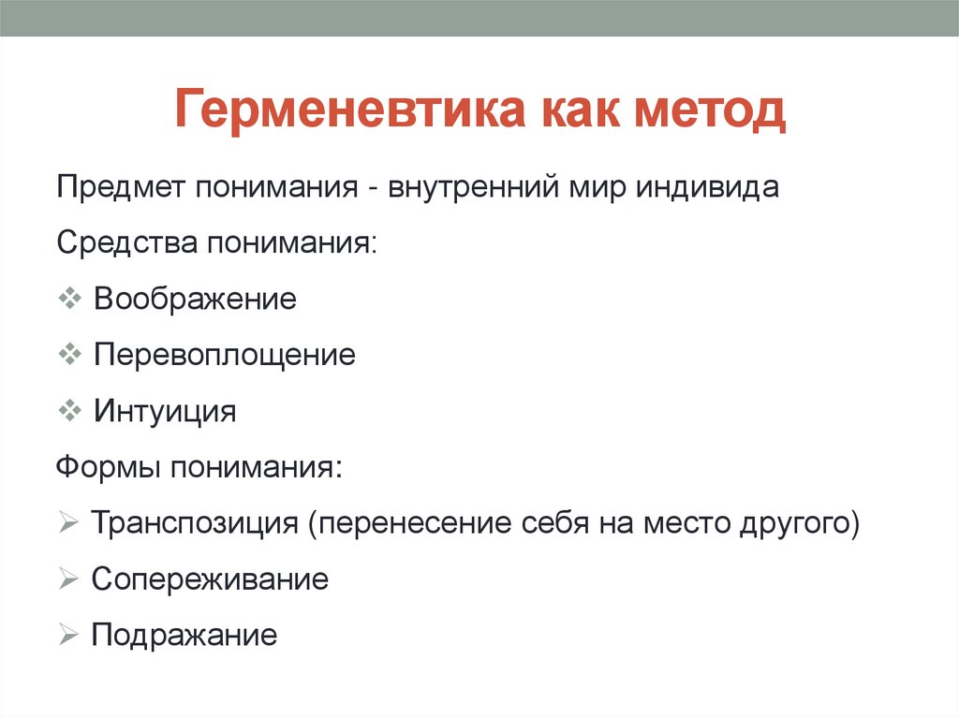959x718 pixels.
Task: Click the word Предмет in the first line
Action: pos(121,187)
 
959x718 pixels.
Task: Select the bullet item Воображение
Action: pos(195,300)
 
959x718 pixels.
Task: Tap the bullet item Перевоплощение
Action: pos(224,355)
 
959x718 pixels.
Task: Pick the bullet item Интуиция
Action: pos(165,411)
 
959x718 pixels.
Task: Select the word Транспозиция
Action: pos(194,522)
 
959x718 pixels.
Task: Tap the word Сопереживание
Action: pos(210,579)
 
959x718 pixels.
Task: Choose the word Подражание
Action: pos(184,636)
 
